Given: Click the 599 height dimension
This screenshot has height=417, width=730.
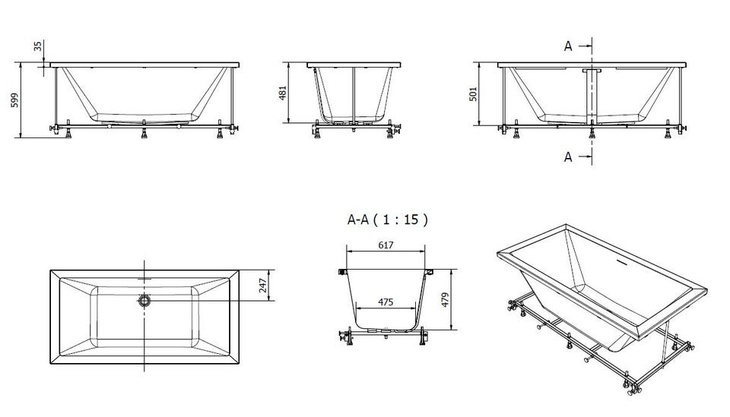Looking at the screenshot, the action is coord(14,100).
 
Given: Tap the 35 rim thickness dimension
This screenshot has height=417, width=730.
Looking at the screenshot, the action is coord(38,46).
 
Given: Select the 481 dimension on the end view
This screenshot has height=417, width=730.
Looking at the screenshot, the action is coord(283,93).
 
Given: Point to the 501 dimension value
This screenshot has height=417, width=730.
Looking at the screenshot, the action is coord(473,94).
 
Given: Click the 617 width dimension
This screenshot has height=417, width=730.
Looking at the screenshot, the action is coord(386,245).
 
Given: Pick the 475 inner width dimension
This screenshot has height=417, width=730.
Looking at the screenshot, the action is coord(386,302).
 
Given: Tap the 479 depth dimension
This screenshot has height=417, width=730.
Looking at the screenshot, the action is coord(445,300).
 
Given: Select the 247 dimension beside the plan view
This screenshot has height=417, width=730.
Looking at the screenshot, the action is coord(263,286).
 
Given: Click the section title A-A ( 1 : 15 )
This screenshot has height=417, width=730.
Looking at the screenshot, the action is coord(387,220).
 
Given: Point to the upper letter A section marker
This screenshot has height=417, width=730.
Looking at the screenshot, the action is coord(568,46).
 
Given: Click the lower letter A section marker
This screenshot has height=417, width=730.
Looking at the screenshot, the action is coord(568,157).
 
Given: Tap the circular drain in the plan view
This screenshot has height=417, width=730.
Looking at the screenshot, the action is coord(144,300).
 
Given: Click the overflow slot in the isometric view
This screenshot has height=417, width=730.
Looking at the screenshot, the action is coord(620,262).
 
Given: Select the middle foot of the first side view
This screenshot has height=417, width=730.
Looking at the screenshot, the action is coord(144,132).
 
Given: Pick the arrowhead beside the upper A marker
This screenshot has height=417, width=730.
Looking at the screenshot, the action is coord(589,46).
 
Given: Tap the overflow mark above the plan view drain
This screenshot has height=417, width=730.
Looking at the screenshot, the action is coord(144,280).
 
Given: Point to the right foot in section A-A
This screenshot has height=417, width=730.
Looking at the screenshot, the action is coord(423,336).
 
